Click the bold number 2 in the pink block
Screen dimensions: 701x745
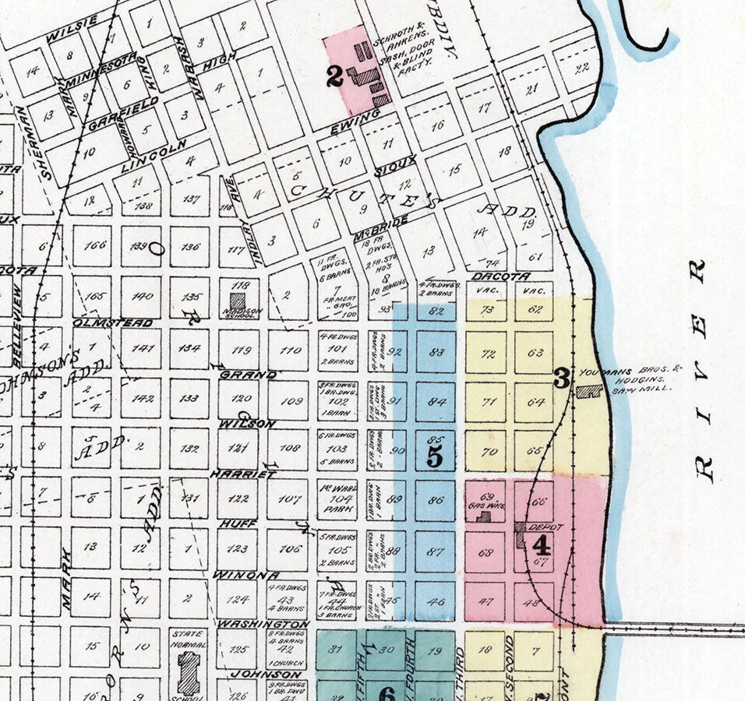(334, 76)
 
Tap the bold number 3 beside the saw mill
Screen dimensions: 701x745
(561, 379)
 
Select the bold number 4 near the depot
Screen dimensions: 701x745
(541, 544)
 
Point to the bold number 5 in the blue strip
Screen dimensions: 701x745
(435, 458)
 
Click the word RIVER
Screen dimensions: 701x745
(701, 370)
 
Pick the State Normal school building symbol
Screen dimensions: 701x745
(188, 672)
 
